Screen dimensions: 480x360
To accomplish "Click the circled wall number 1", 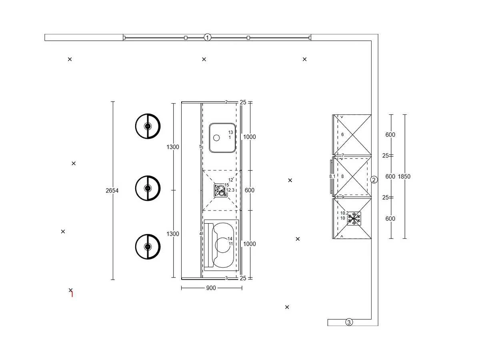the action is [207, 37].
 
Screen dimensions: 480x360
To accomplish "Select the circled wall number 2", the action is [374, 180].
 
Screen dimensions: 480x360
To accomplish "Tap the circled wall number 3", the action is [349, 322].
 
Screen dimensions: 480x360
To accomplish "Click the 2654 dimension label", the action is [112, 191].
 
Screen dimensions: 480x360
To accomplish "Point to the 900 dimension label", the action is [211, 288].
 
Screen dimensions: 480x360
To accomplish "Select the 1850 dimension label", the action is [404, 176].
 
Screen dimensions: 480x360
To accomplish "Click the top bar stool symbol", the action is [148, 126].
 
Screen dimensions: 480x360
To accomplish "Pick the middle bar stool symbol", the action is [148, 188].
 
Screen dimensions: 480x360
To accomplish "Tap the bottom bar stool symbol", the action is [148, 246].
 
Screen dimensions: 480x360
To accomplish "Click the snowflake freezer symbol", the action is [354, 218].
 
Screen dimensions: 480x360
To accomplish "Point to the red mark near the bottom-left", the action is [72, 294].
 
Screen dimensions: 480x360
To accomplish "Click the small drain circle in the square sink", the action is [216, 138].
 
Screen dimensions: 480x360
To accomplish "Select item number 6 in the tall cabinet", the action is [342, 134].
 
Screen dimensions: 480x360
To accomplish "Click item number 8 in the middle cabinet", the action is [342, 176].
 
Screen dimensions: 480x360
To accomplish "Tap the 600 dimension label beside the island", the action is [249, 190].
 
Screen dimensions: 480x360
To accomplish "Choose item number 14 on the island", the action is [230, 238].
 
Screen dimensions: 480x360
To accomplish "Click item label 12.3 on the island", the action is [230, 190].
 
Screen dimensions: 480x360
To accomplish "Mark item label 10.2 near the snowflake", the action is [344, 213].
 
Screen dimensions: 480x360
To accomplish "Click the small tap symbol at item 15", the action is [220, 190].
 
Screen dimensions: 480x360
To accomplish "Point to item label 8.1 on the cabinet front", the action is [332, 176].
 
